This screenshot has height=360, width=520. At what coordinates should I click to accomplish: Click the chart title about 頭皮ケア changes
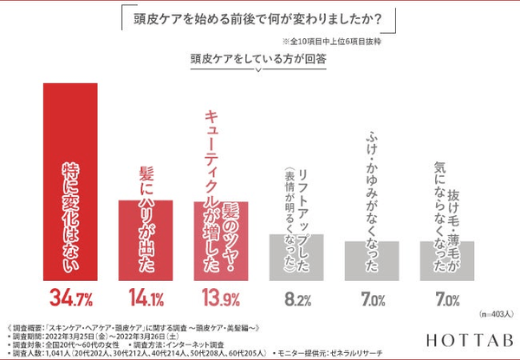[x=259, y=19]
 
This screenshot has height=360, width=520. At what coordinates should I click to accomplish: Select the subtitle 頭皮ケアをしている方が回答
[x=259, y=61]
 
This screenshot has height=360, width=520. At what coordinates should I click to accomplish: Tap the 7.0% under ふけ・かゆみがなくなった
[x=371, y=300]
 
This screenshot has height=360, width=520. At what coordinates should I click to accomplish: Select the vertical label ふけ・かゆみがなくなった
[x=371, y=182]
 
